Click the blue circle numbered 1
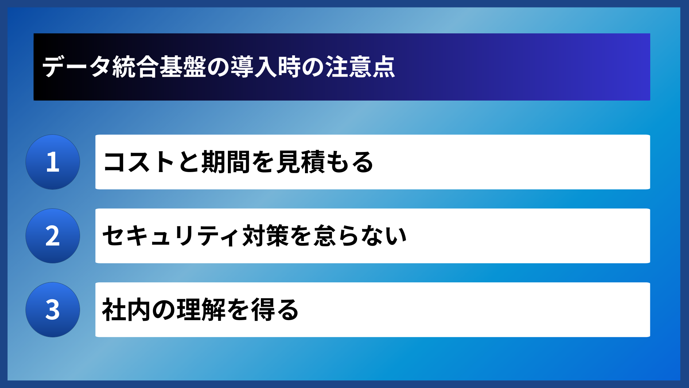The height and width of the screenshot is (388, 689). click(x=53, y=162)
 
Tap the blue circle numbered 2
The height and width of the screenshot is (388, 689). click(x=53, y=236)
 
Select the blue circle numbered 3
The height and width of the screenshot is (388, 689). click(x=53, y=310)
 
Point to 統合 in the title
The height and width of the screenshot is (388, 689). click(x=135, y=67)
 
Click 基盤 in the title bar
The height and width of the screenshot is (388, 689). click(x=183, y=67)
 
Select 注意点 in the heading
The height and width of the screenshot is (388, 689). click(x=360, y=67)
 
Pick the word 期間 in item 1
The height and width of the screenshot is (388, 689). click(x=226, y=162)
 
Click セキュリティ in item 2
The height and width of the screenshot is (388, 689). click(x=171, y=236)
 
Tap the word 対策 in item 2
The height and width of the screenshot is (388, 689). click(x=266, y=236)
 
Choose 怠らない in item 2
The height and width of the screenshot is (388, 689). click(x=360, y=236)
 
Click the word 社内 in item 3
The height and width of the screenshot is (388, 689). click(x=126, y=310)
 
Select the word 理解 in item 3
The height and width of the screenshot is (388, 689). click(x=201, y=310)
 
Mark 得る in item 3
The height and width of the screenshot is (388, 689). click(x=275, y=310)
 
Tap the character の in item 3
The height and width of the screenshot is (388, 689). click(x=163, y=310)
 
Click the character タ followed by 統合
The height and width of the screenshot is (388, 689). click(x=100, y=67)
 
